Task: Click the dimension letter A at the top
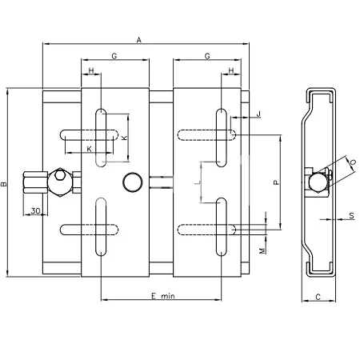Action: [x=138, y=40]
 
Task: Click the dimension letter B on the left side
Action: [x=4, y=184]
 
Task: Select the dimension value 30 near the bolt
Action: [x=35, y=210]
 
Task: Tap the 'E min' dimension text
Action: [x=163, y=296]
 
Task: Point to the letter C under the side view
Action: [x=318, y=297]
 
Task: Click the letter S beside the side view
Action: [x=351, y=215]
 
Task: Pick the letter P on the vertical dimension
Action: [x=277, y=182]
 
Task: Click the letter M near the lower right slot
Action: [x=262, y=250]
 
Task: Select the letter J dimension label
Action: [x=258, y=114]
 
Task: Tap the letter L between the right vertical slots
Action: [x=198, y=183]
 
